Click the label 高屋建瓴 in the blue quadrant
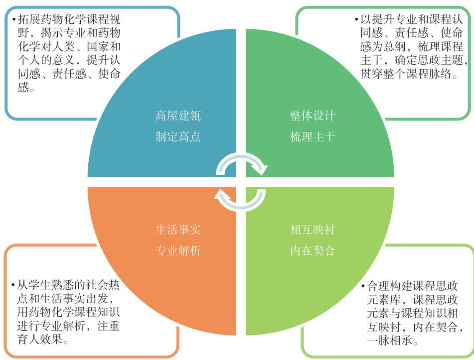tap(178, 117)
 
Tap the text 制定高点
tap(178, 136)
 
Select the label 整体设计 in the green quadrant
tap(313, 117)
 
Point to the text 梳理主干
tap(313, 136)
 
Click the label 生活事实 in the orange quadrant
tap(178, 230)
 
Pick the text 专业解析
tap(178, 250)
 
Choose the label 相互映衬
tap(313, 230)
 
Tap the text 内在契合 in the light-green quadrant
tap(313, 250)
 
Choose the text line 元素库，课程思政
tap(410, 301)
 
